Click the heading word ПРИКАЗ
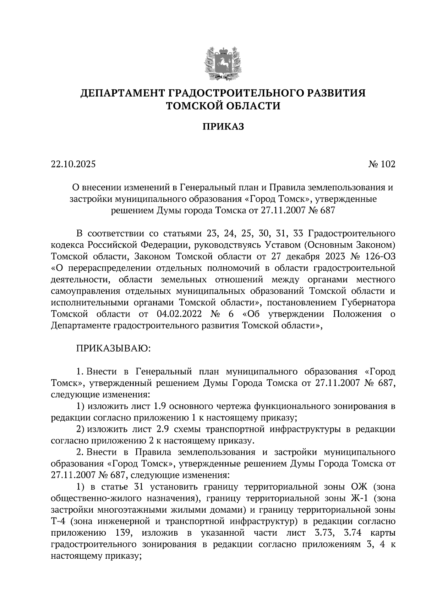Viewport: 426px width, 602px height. tap(223, 127)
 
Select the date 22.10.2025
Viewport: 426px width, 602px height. tap(73, 164)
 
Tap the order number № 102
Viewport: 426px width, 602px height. tap(381, 164)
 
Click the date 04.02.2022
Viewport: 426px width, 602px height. tap(179, 314)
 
